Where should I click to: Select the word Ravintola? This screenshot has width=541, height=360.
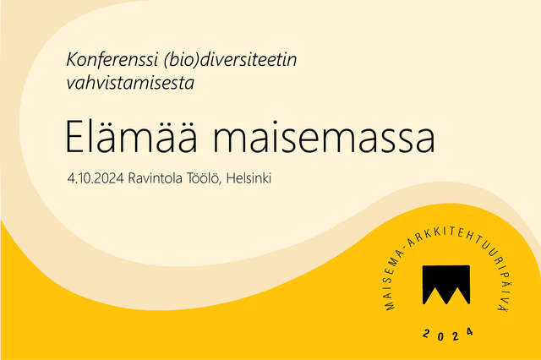tap(160, 179)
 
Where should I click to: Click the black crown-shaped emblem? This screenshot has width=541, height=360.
tap(445, 284)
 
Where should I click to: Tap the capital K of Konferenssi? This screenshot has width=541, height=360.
tap(71, 61)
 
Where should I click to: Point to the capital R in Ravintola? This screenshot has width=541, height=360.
tap(133, 179)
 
